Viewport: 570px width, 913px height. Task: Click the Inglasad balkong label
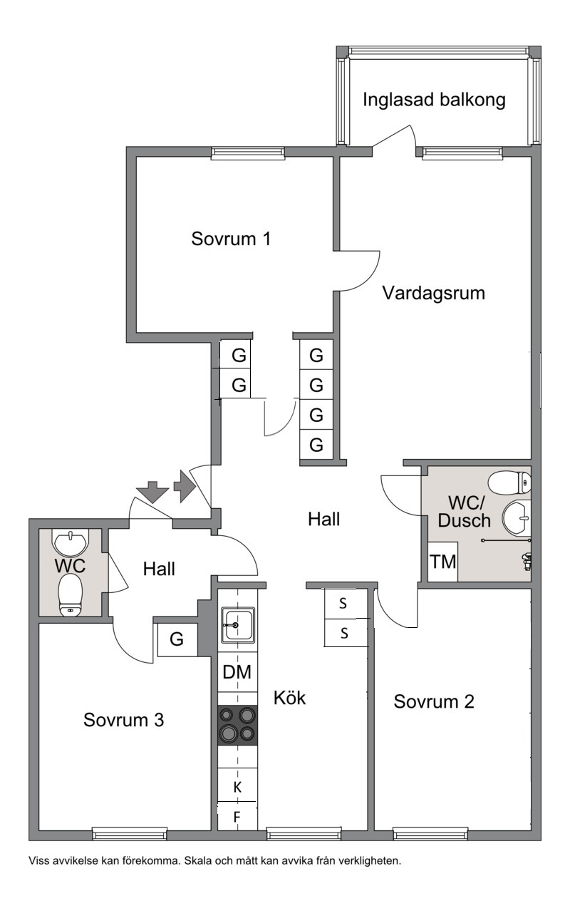(x=434, y=100)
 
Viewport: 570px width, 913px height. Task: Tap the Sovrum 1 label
(x=231, y=239)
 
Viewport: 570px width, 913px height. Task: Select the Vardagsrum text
(x=433, y=294)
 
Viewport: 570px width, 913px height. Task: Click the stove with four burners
(x=237, y=726)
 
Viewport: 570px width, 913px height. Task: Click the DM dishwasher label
(x=237, y=672)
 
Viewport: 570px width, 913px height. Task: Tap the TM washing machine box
(x=442, y=562)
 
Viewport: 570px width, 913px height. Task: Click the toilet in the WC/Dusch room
(x=509, y=483)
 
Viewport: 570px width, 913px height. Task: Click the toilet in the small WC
(x=71, y=594)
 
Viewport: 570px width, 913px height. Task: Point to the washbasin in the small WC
(x=71, y=543)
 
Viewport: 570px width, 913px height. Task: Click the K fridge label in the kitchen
(x=237, y=787)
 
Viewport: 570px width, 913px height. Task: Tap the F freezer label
(x=237, y=817)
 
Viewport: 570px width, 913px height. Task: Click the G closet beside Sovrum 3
(x=177, y=639)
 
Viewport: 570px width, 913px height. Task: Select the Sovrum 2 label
(x=434, y=702)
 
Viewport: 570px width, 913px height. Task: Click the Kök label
(x=289, y=698)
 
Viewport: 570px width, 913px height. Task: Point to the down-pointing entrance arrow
(x=152, y=492)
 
